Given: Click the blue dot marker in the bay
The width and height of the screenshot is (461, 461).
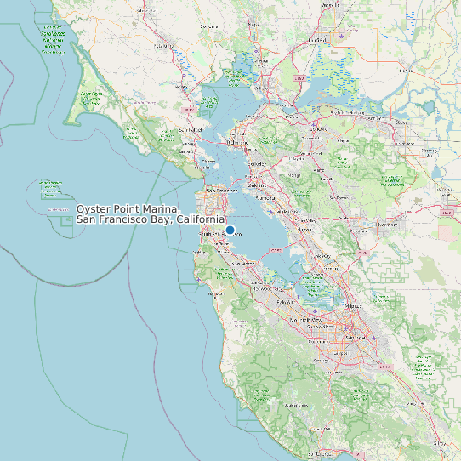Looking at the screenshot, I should pyautogui.click(x=230, y=230).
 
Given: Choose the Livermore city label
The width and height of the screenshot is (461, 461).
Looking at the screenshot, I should pyautogui.click(x=387, y=225).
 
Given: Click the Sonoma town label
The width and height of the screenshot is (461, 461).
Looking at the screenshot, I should pyautogui.click(x=208, y=26).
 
